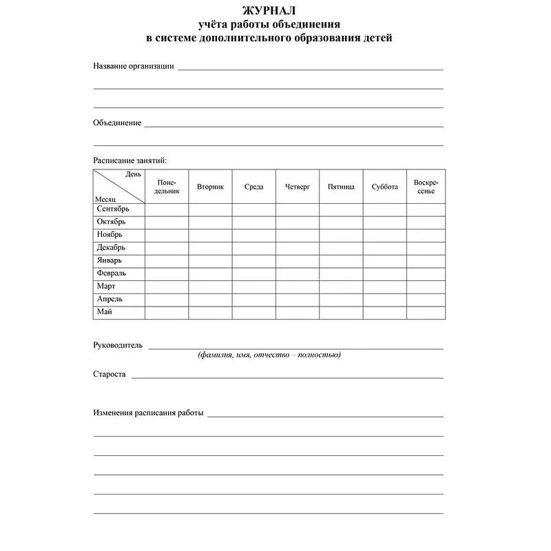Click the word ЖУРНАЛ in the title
coord(269,11)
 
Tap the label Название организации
coord(133,67)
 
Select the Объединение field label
coord(117,123)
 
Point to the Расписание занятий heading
coord(129,160)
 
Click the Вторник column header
coord(210,187)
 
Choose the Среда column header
coord(253,187)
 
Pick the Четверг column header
coord(298,187)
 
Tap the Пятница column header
coord(341,187)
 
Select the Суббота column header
coord(384,187)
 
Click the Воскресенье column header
coord(426,187)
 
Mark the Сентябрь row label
coord(113,209)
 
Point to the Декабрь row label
coord(112,247)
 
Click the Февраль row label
coord(112,273)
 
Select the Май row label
coord(105,312)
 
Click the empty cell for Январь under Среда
coord(253,260)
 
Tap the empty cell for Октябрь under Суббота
coord(384,222)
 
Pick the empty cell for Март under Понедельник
coord(167,287)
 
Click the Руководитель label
coord(118,345)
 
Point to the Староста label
coord(110,374)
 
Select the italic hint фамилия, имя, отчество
coord(269,355)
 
